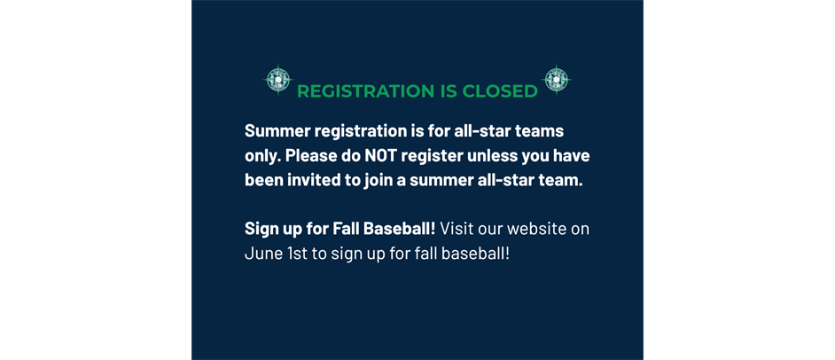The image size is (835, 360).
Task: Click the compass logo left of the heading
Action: pyautogui.click(x=277, y=80)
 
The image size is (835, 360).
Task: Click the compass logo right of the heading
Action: pyautogui.click(x=556, y=80)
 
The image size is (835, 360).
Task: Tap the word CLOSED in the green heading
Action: pyautogui.click(x=500, y=91)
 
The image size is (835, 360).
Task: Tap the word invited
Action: pyautogui.click(x=312, y=179)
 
